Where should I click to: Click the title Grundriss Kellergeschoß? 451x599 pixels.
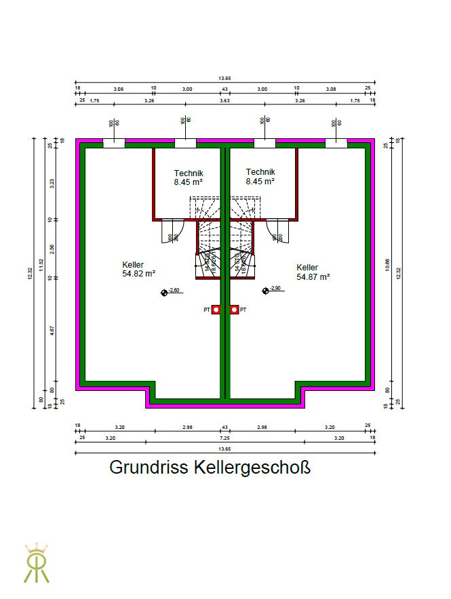tap(210, 468)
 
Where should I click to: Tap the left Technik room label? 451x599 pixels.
tap(188, 178)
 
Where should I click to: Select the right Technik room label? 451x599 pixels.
tap(260, 177)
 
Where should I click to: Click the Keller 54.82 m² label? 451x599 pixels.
tap(139, 269)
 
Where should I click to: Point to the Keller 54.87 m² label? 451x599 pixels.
tap(313, 272)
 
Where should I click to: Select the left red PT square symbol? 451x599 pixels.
tap(216, 310)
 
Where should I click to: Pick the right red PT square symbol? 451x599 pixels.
tap(235, 310)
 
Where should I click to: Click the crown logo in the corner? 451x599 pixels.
tap(36, 562)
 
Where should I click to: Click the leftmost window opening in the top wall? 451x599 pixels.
tap(114, 142)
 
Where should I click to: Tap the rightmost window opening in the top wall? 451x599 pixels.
tap(336, 142)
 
